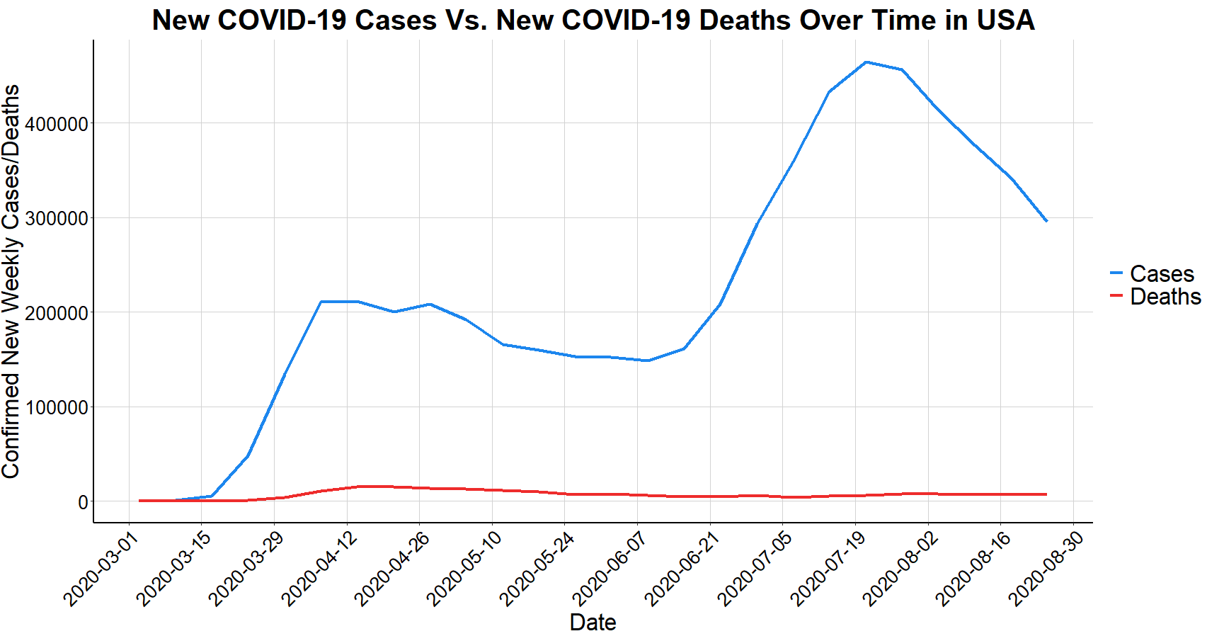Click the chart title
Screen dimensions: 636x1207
coord(593,20)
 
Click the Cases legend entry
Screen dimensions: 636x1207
coord(1161,273)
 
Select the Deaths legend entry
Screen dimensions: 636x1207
coord(1165,296)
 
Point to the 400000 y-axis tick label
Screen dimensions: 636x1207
coord(57,124)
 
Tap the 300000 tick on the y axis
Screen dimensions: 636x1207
coord(57,218)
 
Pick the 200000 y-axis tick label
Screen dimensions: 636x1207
coord(57,312)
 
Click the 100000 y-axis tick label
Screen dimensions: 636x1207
coord(57,407)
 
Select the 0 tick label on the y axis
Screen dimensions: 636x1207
coord(83,502)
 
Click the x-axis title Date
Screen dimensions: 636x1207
coord(593,623)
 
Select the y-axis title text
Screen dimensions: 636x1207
coord(11,281)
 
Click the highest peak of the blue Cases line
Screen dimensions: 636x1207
coord(866,62)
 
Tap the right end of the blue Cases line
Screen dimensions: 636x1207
coord(1046,221)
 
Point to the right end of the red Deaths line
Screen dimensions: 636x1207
coord(1046,494)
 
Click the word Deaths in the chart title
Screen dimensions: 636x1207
coord(743,20)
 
